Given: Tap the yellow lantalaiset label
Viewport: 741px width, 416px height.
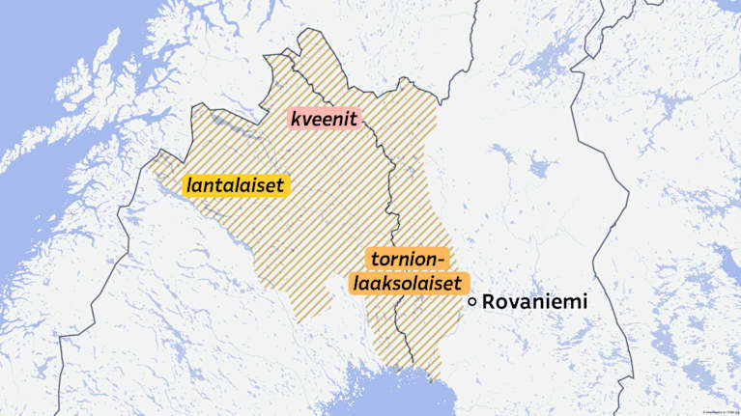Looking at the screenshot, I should coord(237,183).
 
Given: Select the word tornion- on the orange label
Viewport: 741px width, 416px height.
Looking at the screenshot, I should coord(407,261).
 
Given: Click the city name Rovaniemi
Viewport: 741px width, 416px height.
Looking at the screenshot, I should coord(534,302).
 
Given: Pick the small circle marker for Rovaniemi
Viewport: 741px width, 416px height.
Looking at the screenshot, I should coord(472,302).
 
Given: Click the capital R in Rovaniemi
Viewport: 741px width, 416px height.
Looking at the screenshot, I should coord(490,302).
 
